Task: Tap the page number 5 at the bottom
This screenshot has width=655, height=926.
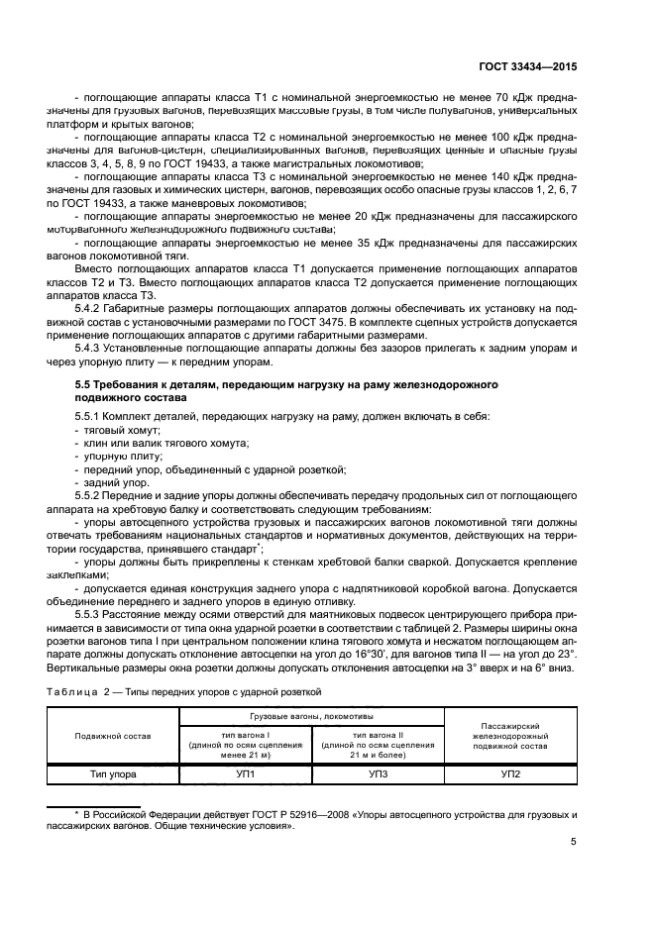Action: point(574,843)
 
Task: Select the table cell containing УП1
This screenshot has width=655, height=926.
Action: point(245,772)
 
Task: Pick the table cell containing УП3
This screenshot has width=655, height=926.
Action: point(377,772)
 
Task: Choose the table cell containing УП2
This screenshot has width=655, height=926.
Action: point(509,772)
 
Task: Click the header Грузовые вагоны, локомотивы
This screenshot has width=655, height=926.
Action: point(310,714)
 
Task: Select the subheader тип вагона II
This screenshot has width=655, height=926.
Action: point(377,732)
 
